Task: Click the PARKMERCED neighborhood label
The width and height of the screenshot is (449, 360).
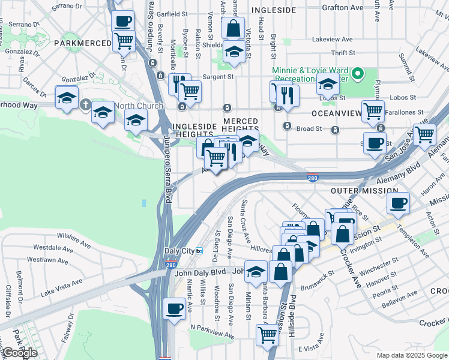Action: (82, 43)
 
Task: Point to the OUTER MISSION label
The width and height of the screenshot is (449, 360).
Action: (357, 190)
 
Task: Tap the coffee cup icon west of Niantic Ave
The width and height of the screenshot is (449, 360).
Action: (174, 308)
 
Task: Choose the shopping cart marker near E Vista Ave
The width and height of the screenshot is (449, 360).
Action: (267, 334)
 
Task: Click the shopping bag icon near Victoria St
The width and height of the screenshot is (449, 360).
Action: (232, 27)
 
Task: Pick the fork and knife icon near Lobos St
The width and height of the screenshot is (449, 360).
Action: (289, 95)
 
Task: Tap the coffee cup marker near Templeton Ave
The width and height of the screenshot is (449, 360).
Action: (399, 202)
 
